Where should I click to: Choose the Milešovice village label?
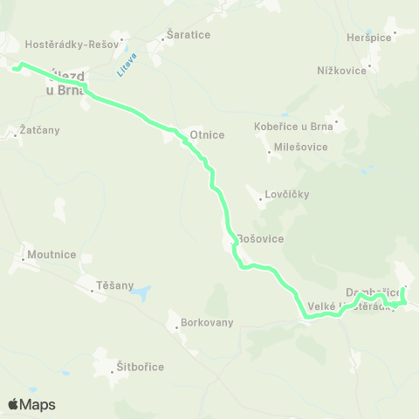(300, 147)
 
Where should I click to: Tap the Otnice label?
(207, 134)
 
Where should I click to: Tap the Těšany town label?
(115, 285)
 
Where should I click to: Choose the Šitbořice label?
(140, 366)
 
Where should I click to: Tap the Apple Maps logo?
(31, 404)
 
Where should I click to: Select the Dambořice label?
(373, 291)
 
